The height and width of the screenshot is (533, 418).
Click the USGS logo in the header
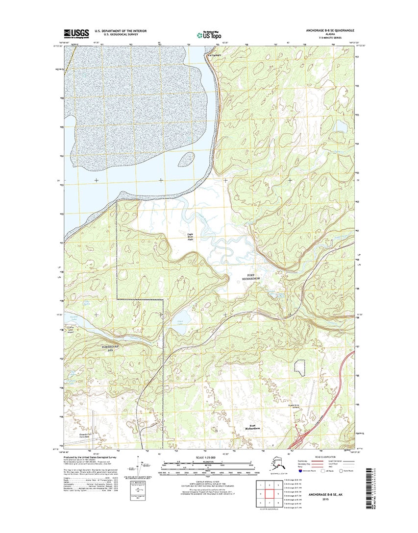click(x=76, y=33)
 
